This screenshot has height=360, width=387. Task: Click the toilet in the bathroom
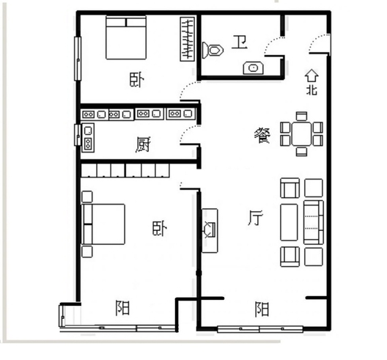tap(213, 51)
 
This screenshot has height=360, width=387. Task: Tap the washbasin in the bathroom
tap(253, 68)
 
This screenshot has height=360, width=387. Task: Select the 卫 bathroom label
tap(240, 43)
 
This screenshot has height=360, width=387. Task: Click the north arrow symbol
tap(312, 76)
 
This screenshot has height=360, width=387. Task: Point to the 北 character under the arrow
tap(312, 89)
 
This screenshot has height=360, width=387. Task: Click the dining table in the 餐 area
tap(301, 133)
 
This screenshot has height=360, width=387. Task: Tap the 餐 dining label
tap(262, 136)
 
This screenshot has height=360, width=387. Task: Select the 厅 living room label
tap(255, 218)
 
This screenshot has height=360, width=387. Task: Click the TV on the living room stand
tap(210, 229)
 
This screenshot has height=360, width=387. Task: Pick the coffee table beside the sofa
tap(289, 222)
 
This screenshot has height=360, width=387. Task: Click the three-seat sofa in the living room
tap(314, 222)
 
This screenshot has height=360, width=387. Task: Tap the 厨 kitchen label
tap(143, 145)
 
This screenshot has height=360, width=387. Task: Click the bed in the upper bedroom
tap(126, 38)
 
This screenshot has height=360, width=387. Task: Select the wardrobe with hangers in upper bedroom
tap(188, 39)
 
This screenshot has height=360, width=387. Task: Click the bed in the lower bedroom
tap(103, 224)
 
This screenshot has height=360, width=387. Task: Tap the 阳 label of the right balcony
tap(262, 309)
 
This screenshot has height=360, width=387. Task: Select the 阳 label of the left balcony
tap(122, 308)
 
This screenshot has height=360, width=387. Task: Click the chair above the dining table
tap(301, 116)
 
